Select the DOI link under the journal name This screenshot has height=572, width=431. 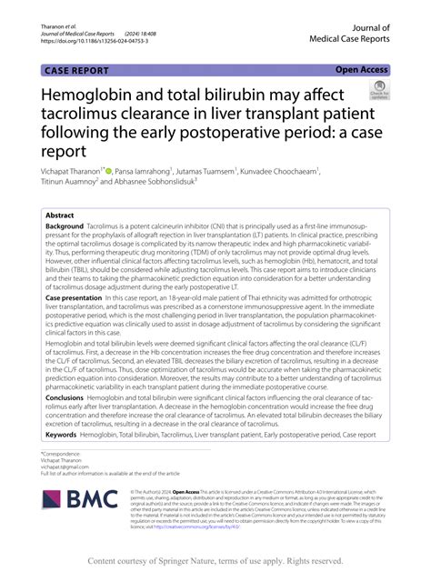[89, 40]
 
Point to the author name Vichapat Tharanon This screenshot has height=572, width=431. [69, 170]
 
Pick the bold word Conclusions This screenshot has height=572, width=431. [66, 396]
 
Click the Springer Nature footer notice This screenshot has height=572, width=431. [215, 561]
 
